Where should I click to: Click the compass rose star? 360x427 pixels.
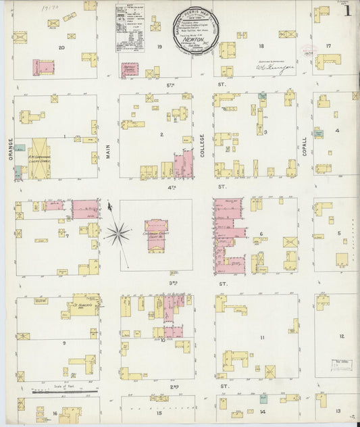pos(118,234)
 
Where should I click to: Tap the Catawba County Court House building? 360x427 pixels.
pos(156,234)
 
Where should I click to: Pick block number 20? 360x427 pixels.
pos(61,47)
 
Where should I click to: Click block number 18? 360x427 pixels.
pos(261,47)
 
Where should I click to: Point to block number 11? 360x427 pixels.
pos(262,336)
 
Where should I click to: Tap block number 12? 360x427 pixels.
pos(342,336)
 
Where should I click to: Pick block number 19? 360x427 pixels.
pos(160,47)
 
